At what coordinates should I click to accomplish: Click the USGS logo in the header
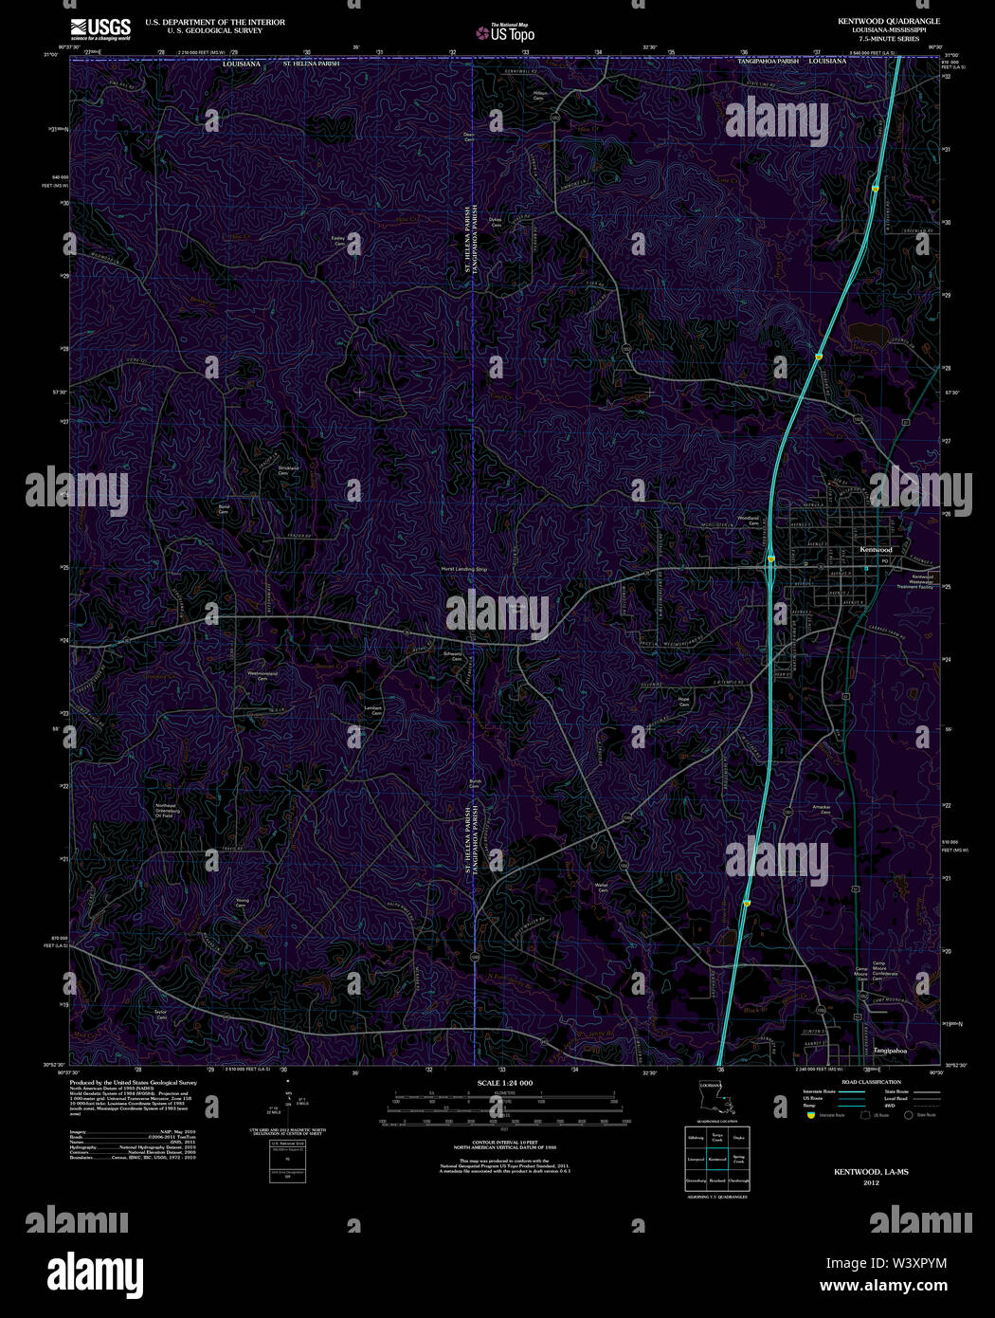point(100,27)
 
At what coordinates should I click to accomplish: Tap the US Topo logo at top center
point(506,33)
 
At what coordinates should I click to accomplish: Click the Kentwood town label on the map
point(876,550)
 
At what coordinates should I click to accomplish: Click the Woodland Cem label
point(749,521)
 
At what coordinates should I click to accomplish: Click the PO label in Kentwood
point(885,561)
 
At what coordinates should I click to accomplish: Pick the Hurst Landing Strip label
point(463,568)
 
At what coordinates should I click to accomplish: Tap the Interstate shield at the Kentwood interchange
point(771,558)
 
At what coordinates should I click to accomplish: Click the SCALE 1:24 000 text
point(505,1083)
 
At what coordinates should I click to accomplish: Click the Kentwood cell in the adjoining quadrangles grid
point(717,1159)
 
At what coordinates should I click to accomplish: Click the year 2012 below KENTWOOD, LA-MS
point(871,1183)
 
